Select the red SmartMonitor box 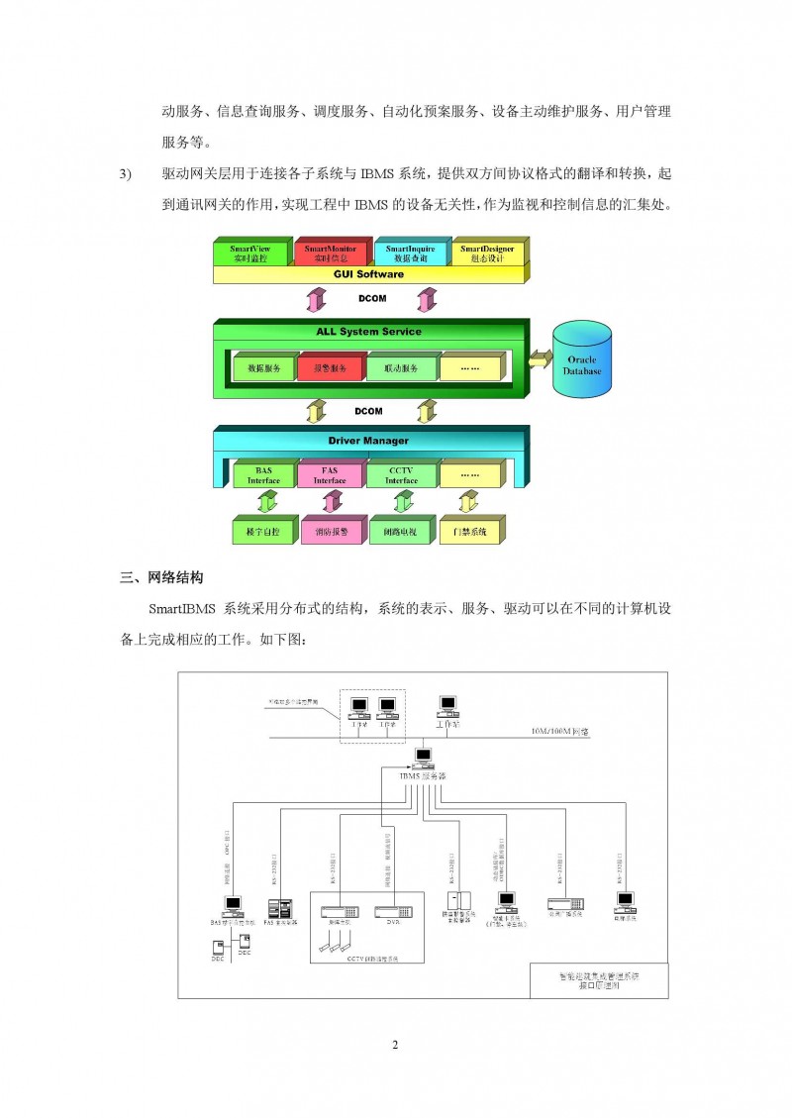click(x=331, y=253)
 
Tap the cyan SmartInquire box click(x=410, y=253)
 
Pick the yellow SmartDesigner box click(x=488, y=253)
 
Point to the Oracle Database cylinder click(x=581, y=363)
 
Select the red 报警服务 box click(x=330, y=368)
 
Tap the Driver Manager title click(x=368, y=440)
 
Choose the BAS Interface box click(x=263, y=475)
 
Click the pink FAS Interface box click(x=330, y=475)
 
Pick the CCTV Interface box click(x=401, y=475)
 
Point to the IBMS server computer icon click(x=424, y=759)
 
